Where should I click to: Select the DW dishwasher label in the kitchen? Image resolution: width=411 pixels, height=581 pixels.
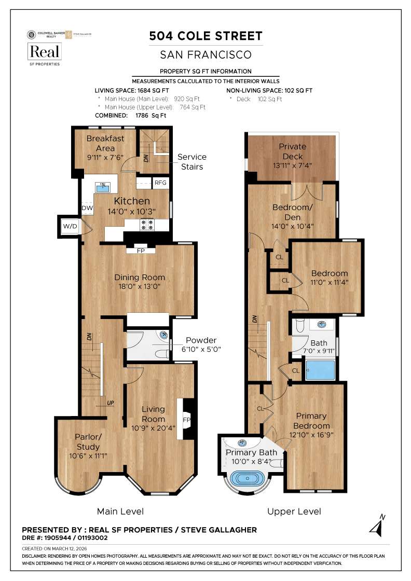click(87, 208)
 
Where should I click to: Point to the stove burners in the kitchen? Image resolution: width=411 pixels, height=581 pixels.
click(146, 225)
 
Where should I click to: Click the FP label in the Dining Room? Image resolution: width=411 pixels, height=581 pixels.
click(141, 251)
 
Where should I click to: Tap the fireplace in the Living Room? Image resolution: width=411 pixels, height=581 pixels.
click(186, 419)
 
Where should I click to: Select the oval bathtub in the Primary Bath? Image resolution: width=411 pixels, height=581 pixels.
click(247, 478)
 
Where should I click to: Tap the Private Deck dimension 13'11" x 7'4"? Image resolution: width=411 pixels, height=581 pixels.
click(293, 165)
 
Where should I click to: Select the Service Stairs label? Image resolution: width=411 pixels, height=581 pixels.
click(191, 161)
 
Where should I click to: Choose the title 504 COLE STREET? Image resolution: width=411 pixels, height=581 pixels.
click(205, 36)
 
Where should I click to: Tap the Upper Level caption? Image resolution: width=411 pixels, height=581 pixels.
click(294, 511)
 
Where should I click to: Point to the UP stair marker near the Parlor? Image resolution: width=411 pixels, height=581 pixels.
click(110, 403)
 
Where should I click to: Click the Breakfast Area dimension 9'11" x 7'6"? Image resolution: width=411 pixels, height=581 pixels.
click(105, 157)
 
